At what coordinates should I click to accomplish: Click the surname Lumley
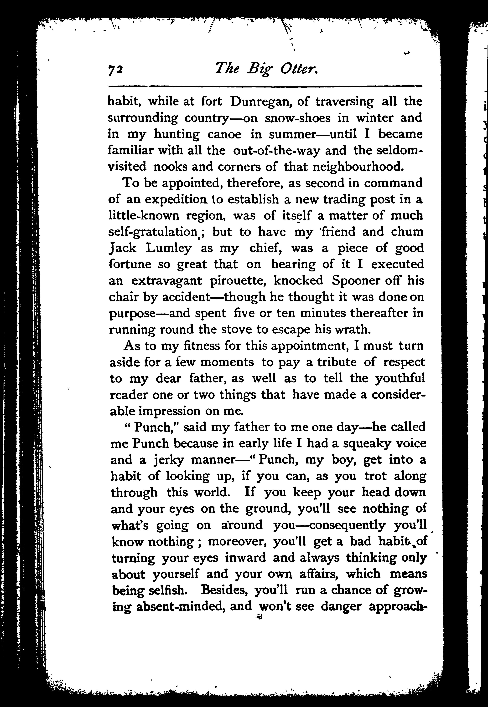pyautogui.click(x=169, y=248)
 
